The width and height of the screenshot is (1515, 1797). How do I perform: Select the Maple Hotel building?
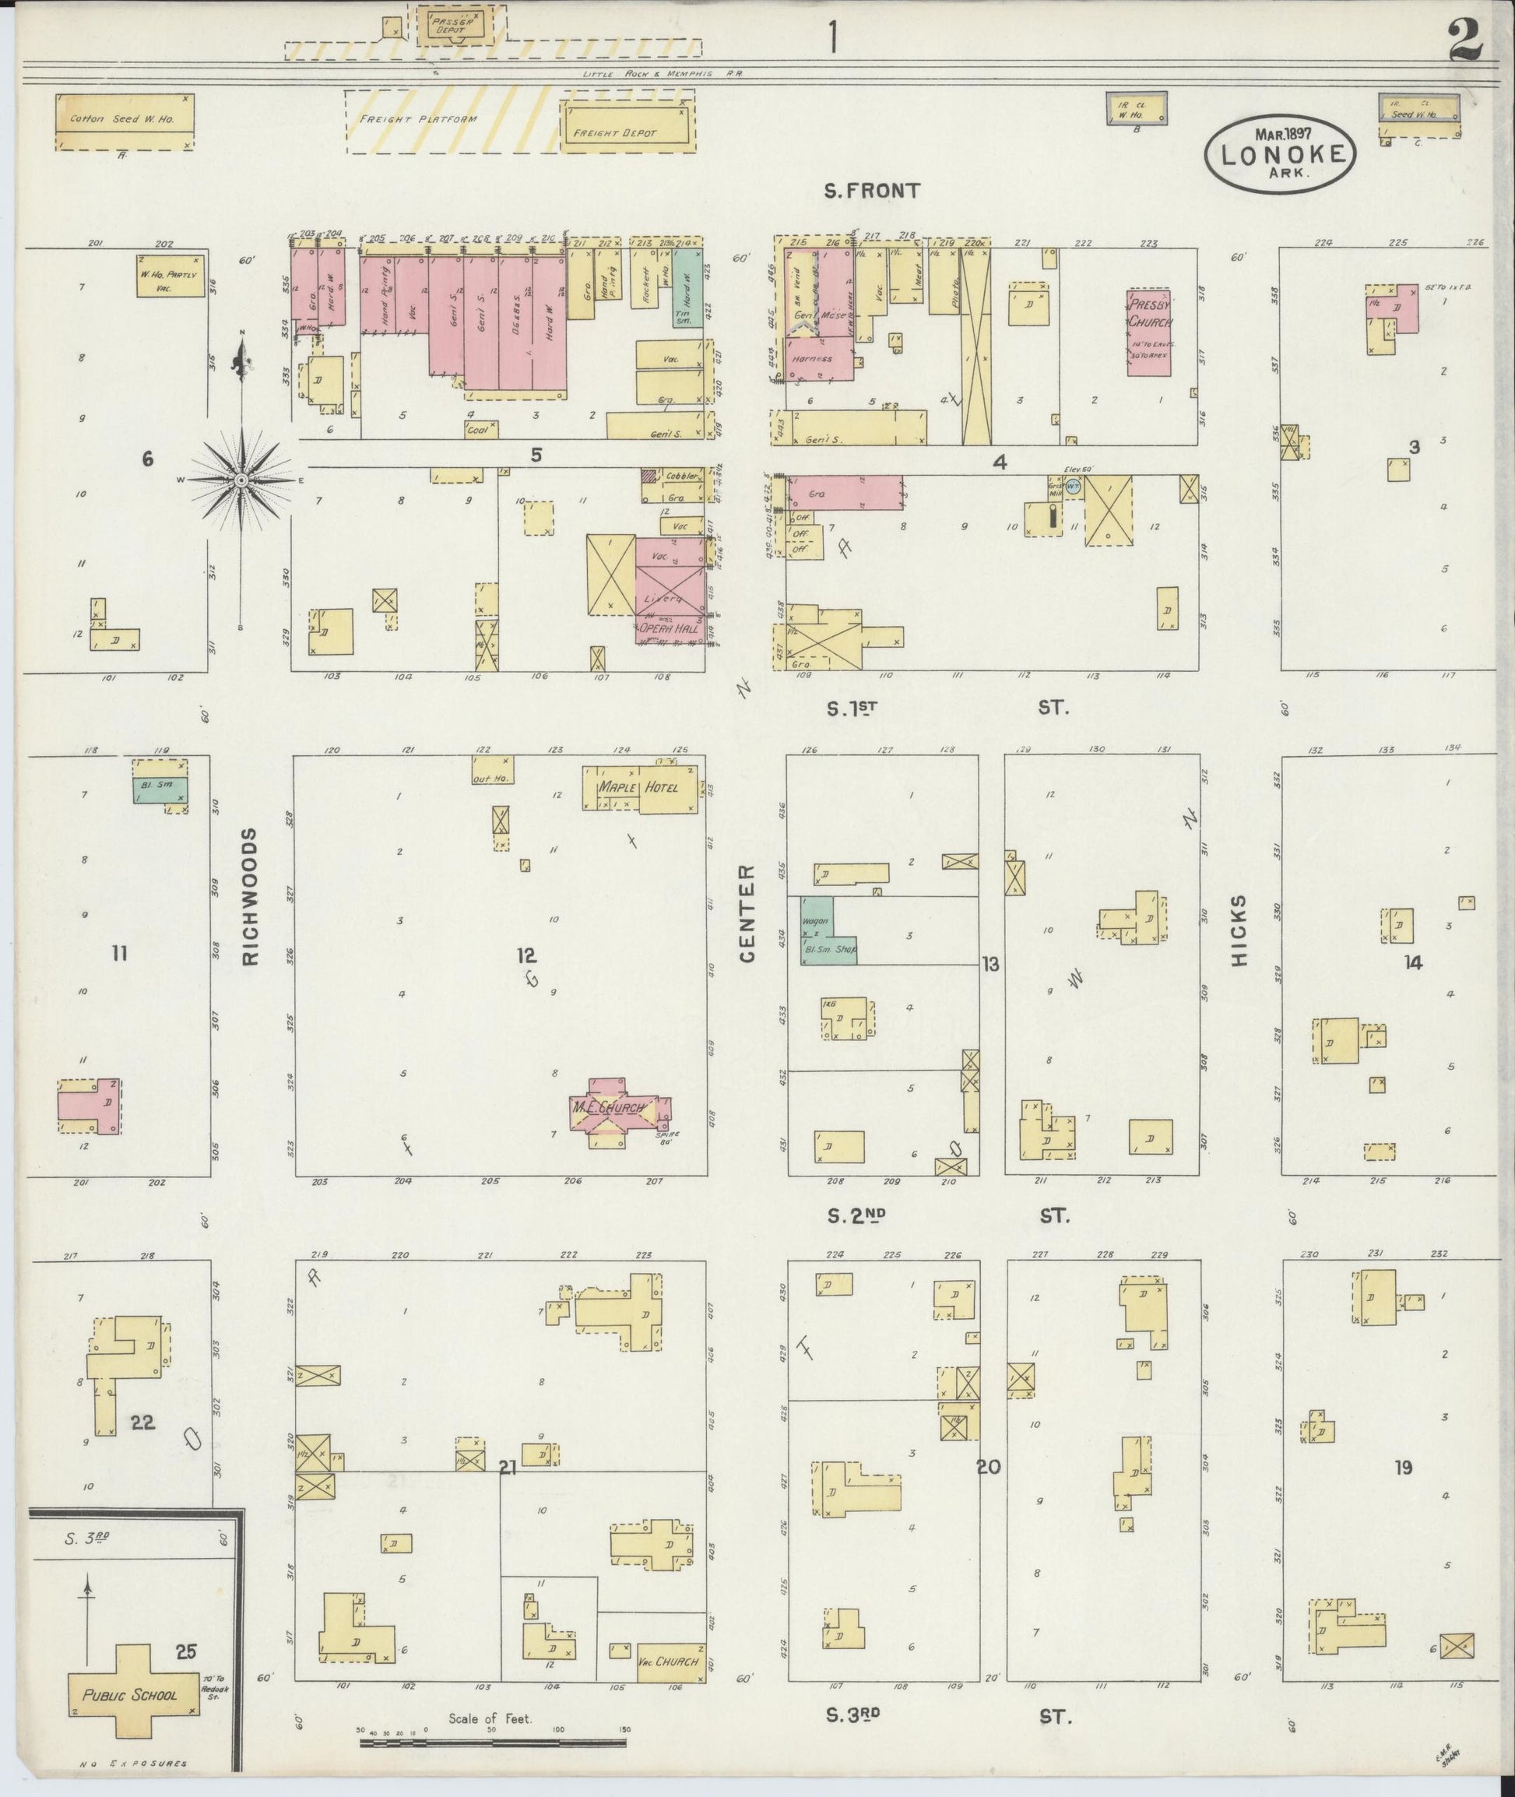click(640, 788)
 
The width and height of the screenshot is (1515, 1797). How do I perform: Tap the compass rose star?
click(241, 480)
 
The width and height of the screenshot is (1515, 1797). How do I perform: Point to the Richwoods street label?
click(251, 898)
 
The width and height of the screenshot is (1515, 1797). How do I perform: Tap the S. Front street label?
click(871, 192)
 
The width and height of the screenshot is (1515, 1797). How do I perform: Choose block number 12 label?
click(526, 955)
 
